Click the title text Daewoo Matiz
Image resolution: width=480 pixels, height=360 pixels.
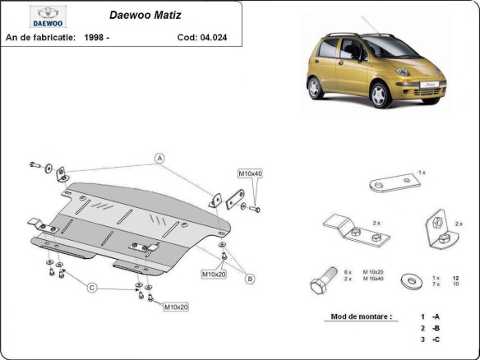point(141,14)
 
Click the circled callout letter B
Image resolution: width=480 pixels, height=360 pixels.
point(249,279)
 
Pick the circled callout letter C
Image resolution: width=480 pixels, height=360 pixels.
point(92,287)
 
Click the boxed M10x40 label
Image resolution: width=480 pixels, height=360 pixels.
point(250,173)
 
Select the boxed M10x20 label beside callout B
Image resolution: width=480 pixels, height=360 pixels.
point(213,274)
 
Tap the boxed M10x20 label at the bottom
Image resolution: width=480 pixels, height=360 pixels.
point(175,307)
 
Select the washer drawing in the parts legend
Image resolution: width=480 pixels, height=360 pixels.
point(408,282)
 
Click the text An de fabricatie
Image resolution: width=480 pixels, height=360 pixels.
point(41,37)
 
